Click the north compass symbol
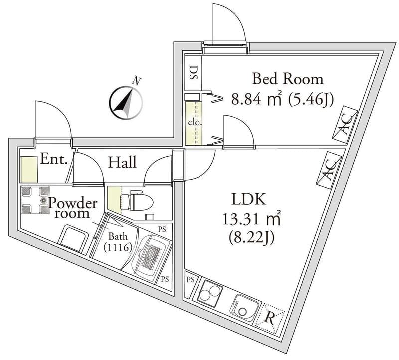point(126,103)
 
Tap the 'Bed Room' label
point(288,79)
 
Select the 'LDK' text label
point(249,199)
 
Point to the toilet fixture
point(137,200)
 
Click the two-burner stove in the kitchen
point(209,293)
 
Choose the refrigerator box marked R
point(270,319)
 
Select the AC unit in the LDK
point(329,170)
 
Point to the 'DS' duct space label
point(193,73)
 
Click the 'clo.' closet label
point(195,123)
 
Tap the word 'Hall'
point(122,162)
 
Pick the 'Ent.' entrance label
point(54,159)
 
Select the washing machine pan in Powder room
point(35,200)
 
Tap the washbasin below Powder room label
point(73,238)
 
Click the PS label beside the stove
point(191,280)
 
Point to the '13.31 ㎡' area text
point(252,219)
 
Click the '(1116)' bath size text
point(118,247)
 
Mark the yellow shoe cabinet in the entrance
point(29,170)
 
